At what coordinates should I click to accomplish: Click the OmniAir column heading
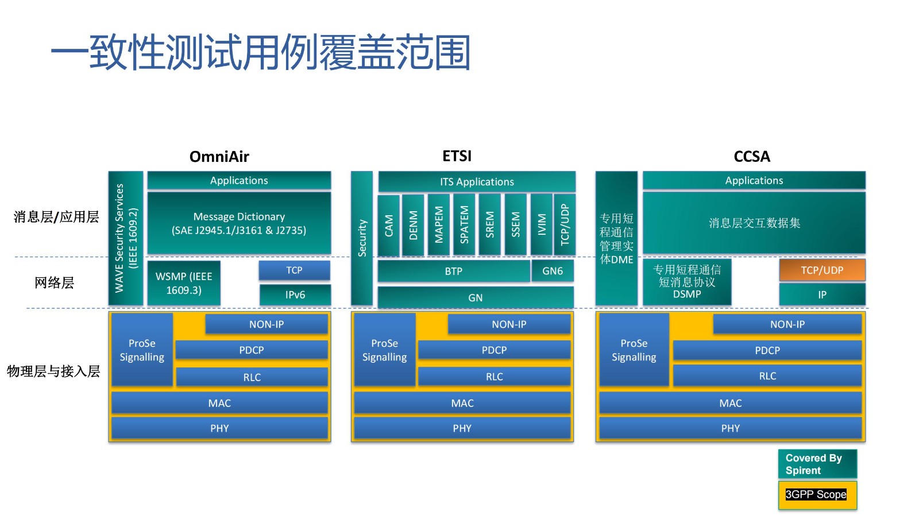(x=219, y=157)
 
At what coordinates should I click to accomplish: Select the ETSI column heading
(x=457, y=156)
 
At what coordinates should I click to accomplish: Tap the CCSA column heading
(x=751, y=157)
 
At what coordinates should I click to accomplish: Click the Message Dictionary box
(x=239, y=223)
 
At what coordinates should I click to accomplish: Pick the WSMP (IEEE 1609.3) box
(x=184, y=283)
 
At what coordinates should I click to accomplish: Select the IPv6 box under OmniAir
(x=295, y=295)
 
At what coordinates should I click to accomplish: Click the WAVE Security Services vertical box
(x=126, y=238)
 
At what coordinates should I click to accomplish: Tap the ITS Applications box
(x=477, y=181)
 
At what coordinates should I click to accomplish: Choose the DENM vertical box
(x=413, y=225)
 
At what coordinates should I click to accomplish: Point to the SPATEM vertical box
(x=464, y=225)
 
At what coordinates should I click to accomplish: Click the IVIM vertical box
(x=541, y=225)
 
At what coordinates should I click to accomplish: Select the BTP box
(x=453, y=271)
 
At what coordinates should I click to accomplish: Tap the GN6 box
(x=553, y=271)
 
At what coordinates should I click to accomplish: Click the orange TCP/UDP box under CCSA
(x=822, y=270)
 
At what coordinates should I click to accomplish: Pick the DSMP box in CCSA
(x=687, y=282)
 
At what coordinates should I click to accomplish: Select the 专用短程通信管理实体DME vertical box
(x=616, y=238)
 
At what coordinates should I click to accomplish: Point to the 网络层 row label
(x=54, y=282)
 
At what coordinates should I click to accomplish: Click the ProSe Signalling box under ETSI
(x=384, y=350)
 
